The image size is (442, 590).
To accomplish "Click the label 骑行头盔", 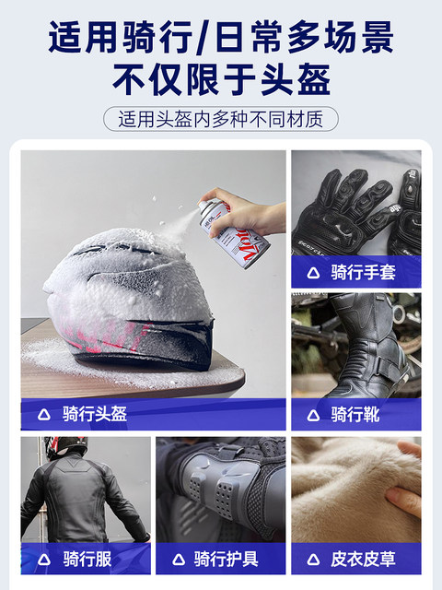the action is click(x=95, y=414).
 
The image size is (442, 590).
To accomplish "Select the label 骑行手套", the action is click(x=363, y=272).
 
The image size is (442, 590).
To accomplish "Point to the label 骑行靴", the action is click(x=355, y=415).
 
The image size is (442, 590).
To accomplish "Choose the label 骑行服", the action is click(x=87, y=559).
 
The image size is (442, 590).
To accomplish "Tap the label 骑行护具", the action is click(x=227, y=559).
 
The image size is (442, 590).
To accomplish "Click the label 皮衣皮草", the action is click(x=363, y=559).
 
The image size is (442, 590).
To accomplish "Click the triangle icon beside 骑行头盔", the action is click(x=44, y=415).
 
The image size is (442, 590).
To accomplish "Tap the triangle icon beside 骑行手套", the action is click(x=313, y=273).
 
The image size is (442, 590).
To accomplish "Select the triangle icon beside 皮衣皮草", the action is click(x=313, y=560).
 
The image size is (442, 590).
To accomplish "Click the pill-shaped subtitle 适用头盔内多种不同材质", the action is click(x=221, y=119).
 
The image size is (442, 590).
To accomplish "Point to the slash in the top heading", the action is click(x=204, y=38).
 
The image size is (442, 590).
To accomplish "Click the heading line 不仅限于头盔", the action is click(x=221, y=80).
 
